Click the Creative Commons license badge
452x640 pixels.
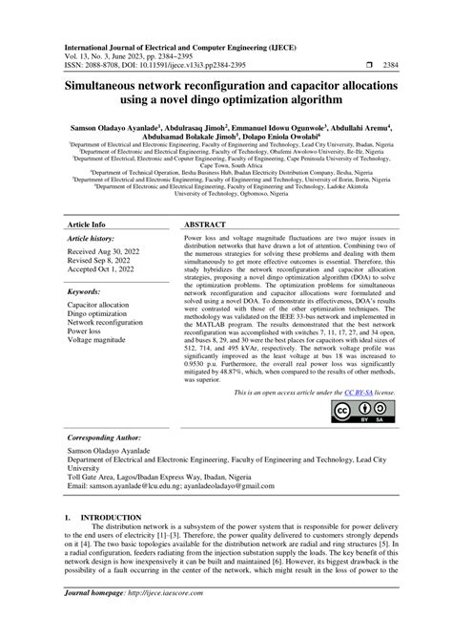coord(354,410)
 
